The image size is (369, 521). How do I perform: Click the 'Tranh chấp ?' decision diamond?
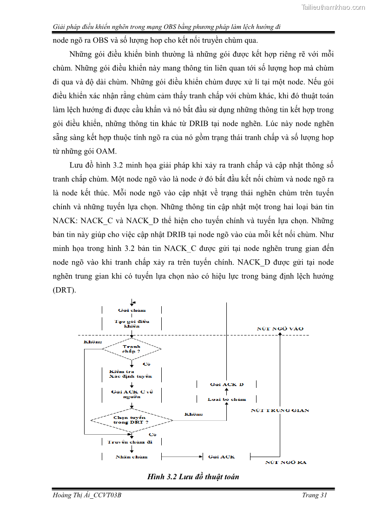tap(132, 349)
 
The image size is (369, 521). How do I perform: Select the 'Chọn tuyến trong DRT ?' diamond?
tap(132, 420)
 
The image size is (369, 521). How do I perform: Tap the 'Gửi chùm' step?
tap(132, 310)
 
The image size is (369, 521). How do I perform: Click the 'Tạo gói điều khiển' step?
tap(132, 323)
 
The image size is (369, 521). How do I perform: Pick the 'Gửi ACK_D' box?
tap(226, 384)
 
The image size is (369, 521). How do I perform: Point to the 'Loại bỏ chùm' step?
tap(226, 399)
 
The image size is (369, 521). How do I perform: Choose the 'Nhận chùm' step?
tap(132, 457)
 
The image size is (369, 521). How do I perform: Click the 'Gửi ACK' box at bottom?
tap(221, 457)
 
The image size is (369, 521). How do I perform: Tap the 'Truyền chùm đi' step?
tap(130, 442)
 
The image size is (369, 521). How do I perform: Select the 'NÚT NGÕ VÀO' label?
tap(280, 328)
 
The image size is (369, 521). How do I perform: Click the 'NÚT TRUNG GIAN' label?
tap(279, 410)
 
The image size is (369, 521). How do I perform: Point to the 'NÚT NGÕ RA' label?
tap(285, 462)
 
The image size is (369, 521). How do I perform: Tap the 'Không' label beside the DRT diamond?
tap(193, 414)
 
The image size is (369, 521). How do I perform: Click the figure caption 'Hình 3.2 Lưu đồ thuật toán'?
tap(193, 476)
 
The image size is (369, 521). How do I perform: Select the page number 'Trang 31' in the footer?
tap(314, 495)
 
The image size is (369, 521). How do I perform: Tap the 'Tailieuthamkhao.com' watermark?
tap(333, 7)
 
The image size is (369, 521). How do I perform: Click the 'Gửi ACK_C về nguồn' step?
tap(132, 394)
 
